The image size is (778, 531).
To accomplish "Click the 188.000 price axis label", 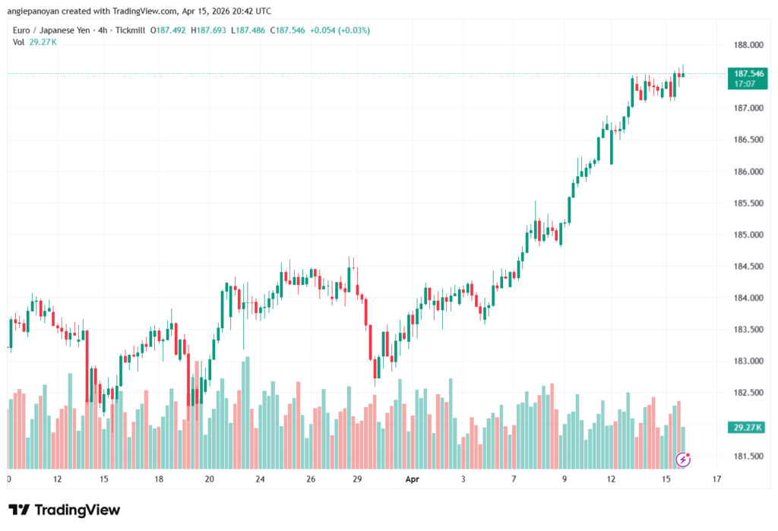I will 743,45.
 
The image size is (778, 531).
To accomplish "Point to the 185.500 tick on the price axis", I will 743,204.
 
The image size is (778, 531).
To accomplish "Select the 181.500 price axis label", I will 743,457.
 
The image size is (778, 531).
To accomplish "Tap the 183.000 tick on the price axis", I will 743,362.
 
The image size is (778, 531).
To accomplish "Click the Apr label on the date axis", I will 412,480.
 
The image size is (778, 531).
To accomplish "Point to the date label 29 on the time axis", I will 356,480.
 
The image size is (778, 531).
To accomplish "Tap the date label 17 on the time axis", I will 716,480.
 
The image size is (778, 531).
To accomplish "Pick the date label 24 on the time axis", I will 260,480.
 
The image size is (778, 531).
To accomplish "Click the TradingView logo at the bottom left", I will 64,510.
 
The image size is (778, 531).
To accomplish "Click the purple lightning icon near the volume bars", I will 683,459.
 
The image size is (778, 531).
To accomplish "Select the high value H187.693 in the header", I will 211,30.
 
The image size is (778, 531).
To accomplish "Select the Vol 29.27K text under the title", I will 35,42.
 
